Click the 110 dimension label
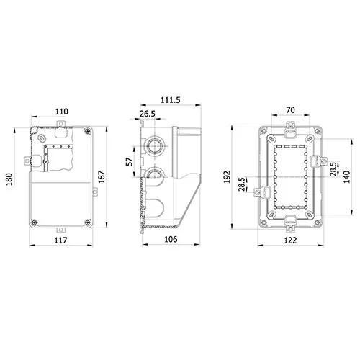coord(62,112)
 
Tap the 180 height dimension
coord(9,179)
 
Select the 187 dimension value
coord(102,177)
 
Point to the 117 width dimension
coord(60,240)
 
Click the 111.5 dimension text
coord(171,100)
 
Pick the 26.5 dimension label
coord(148,114)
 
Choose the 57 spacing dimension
coord(130,161)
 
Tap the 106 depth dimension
coord(171,239)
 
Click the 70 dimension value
coord(290,110)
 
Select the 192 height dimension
coord(227,177)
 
